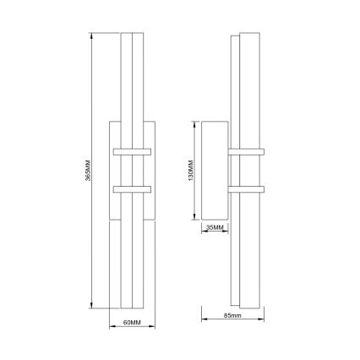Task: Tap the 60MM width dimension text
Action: pos(130,323)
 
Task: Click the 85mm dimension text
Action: pos(232,315)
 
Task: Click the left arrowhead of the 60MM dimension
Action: pos(112,328)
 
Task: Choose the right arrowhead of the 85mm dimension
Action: pos(264,319)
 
